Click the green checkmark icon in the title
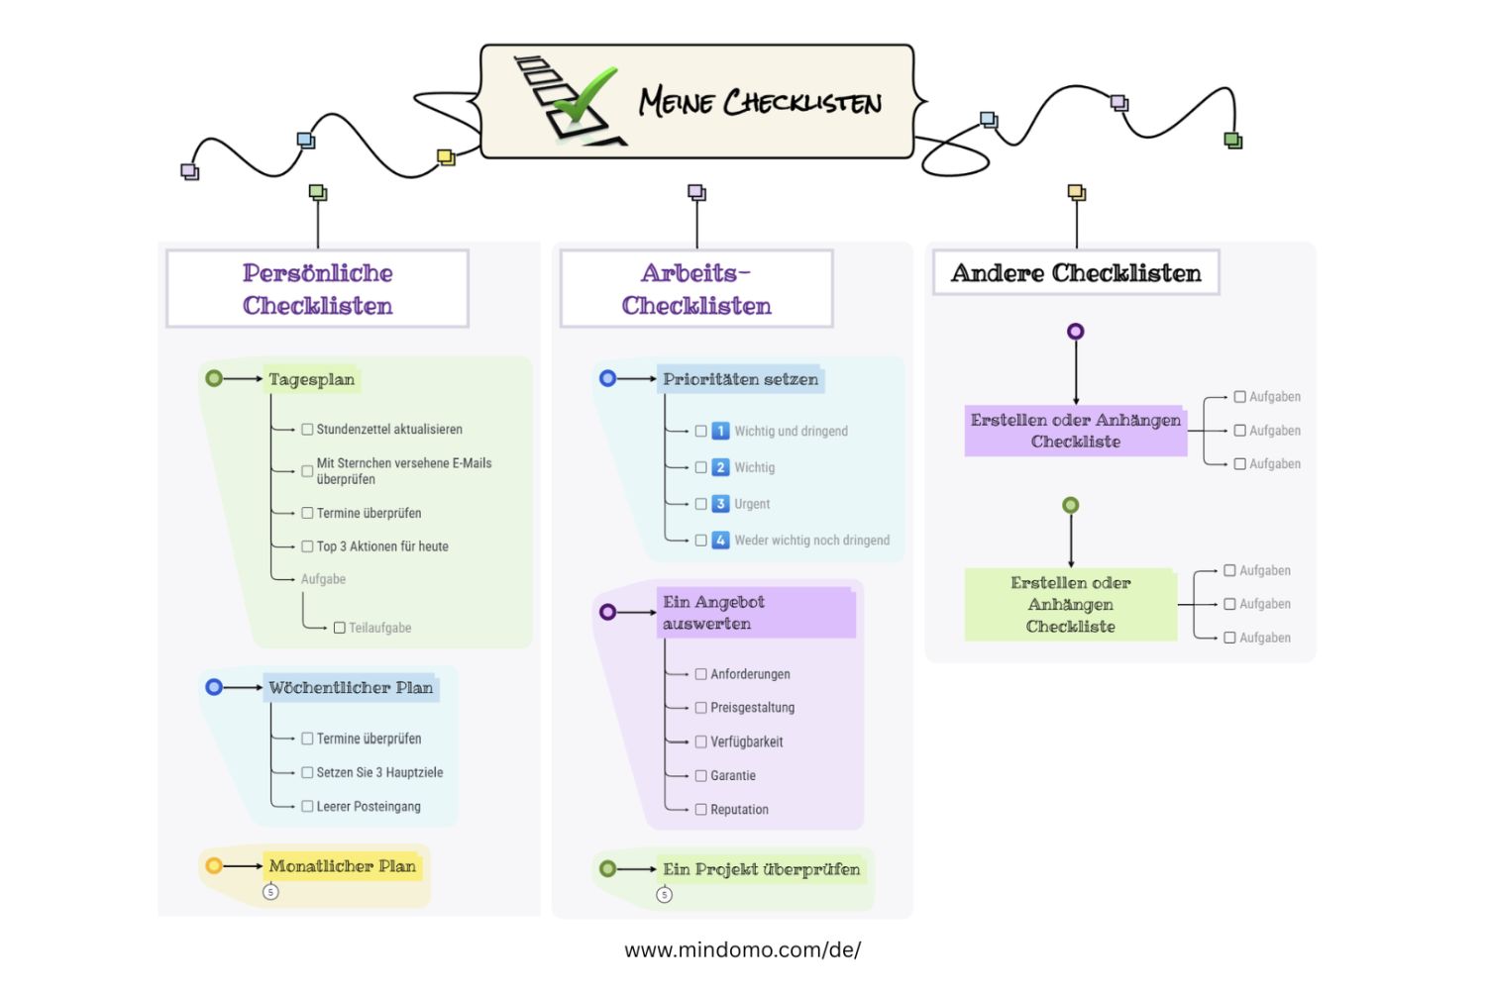(x=584, y=97)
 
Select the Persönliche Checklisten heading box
(x=317, y=288)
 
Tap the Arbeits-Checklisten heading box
(x=696, y=288)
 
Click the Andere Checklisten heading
(x=1076, y=272)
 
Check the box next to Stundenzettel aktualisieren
(x=307, y=430)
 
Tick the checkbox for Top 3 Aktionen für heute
(x=307, y=546)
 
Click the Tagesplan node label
(x=311, y=379)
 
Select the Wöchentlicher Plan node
(x=351, y=688)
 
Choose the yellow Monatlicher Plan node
(x=343, y=866)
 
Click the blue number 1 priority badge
(x=721, y=431)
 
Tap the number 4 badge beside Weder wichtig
(x=721, y=541)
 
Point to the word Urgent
(x=752, y=504)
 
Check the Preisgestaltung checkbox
(x=701, y=708)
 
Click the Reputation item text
(x=739, y=810)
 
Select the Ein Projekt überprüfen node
(x=761, y=869)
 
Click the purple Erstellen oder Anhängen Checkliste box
(x=1076, y=431)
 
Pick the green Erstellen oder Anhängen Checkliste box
(x=1071, y=605)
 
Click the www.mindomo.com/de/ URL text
(x=742, y=950)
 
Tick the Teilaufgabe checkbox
(x=340, y=628)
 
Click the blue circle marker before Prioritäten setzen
(x=608, y=378)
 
